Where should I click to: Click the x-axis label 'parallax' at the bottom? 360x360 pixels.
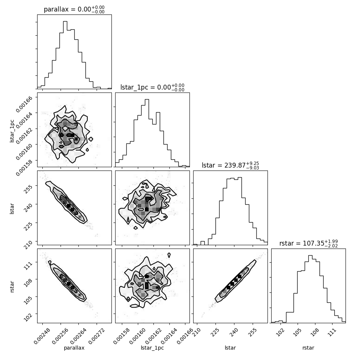tap(74, 348)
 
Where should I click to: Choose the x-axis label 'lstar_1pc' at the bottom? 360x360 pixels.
tap(152, 348)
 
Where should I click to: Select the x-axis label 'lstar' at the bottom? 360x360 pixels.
tap(230, 348)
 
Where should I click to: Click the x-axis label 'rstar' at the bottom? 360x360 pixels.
tap(308, 348)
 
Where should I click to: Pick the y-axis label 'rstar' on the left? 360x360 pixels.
tap(12, 286)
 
